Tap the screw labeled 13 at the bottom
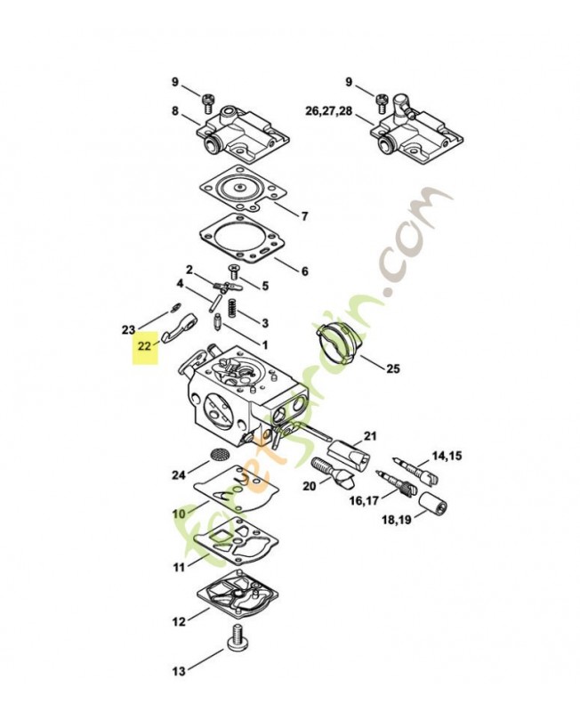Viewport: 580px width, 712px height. pyautogui.click(x=238, y=638)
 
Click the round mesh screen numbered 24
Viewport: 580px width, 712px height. pyautogui.click(x=217, y=455)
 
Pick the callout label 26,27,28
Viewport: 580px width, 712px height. pyautogui.click(x=328, y=111)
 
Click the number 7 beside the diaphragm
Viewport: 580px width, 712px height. pyautogui.click(x=304, y=216)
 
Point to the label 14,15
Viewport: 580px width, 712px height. pyautogui.click(x=447, y=456)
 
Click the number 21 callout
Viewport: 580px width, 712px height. pyautogui.click(x=371, y=435)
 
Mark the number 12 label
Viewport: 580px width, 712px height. pyautogui.click(x=178, y=622)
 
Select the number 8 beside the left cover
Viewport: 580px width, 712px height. pyautogui.click(x=175, y=111)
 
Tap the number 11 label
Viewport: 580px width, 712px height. pyautogui.click(x=178, y=567)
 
